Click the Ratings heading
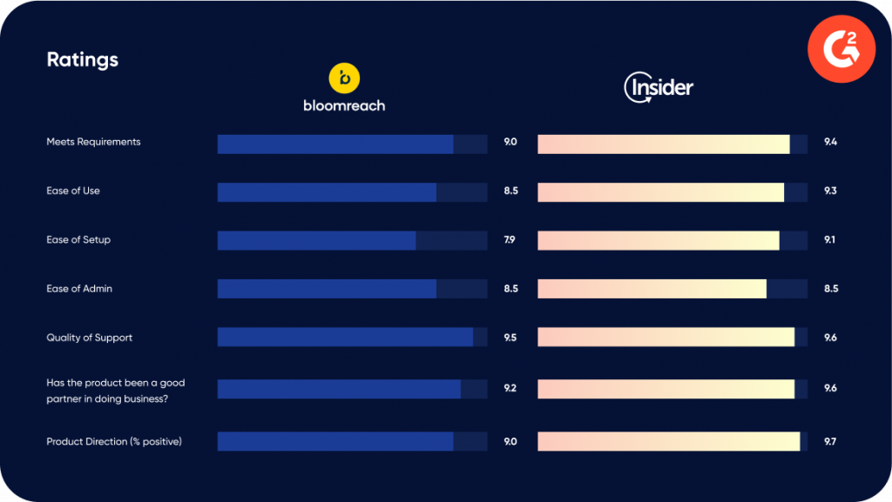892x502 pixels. coord(82,60)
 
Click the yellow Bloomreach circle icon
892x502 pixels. coord(344,78)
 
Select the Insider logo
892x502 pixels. coord(659,88)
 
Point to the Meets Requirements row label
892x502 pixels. coord(93,142)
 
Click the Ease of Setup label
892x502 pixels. coord(78,239)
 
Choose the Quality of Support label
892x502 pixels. coord(89,338)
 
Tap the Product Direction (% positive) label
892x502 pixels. coord(114,442)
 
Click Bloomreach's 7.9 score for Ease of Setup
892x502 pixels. coord(510,239)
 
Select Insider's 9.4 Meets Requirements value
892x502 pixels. coord(830,142)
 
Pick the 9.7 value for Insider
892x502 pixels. coord(830,442)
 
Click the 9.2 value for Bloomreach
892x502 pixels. coord(510,388)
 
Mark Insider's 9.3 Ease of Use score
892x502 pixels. coord(830,191)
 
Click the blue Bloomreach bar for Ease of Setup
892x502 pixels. coord(316,240)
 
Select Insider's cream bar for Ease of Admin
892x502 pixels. coord(652,289)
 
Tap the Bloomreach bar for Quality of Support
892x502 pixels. coord(345,338)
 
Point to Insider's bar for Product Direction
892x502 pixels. coord(668,442)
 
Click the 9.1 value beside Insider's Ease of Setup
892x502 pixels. coord(830,239)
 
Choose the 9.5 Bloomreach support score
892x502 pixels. coord(510,338)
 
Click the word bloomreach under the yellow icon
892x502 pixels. coord(344,105)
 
